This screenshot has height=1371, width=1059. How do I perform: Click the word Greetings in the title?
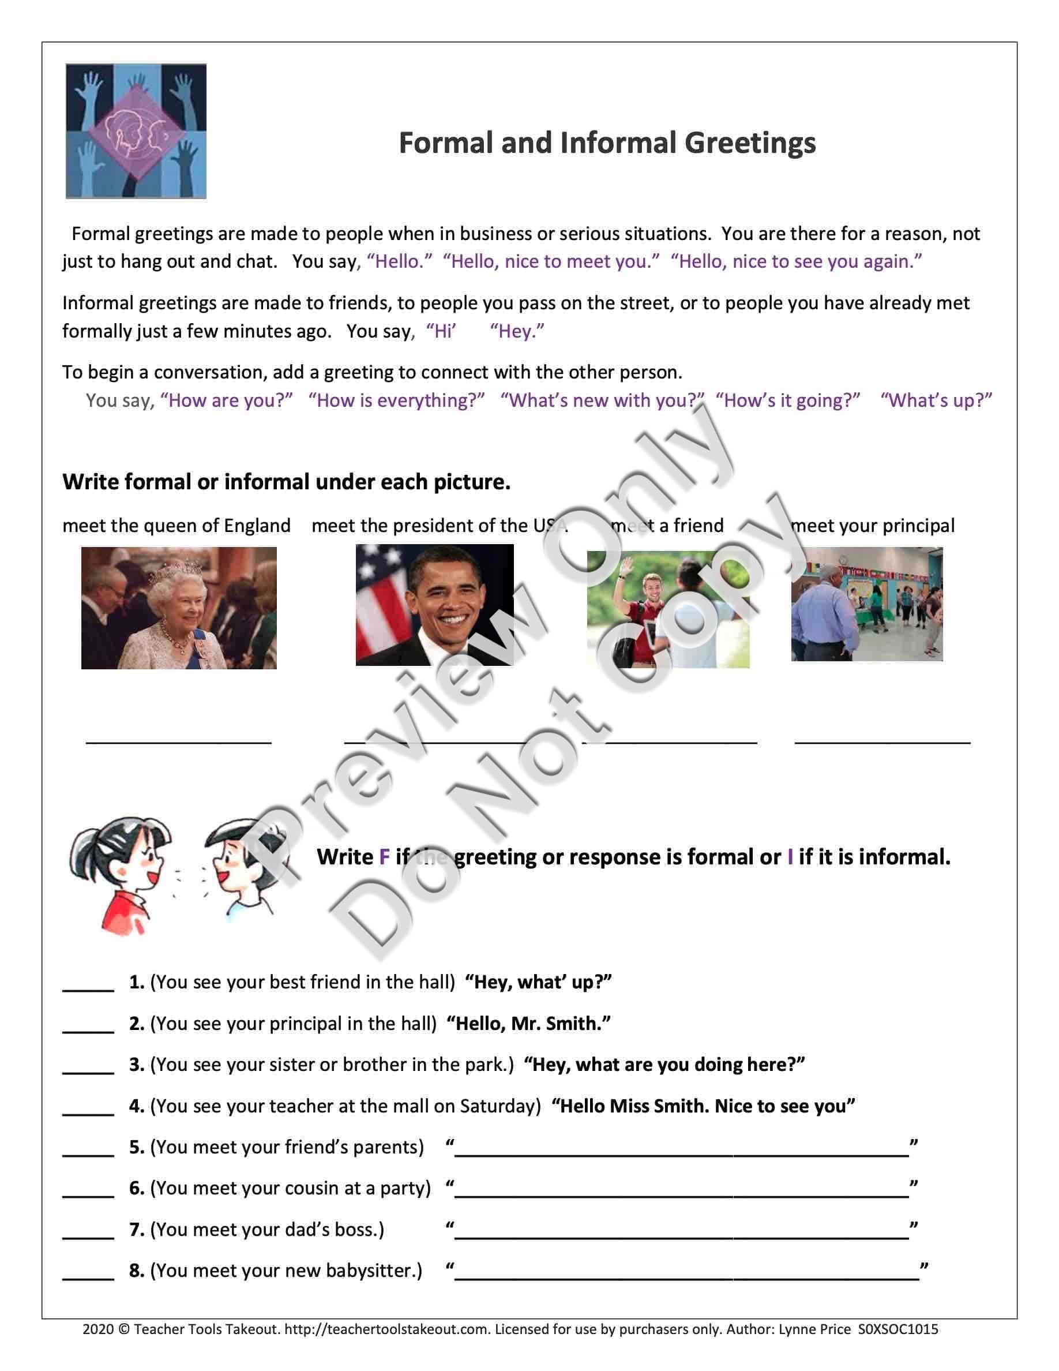[750, 143]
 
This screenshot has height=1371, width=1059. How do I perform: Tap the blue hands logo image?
[136, 131]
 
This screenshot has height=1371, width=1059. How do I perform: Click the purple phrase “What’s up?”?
[936, 400]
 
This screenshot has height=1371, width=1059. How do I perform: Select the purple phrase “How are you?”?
[227, 400]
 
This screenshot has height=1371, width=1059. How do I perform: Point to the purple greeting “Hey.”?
[517, 331]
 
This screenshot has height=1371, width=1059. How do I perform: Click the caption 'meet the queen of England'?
[176, 526]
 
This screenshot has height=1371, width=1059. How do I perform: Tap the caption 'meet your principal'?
[873, 526]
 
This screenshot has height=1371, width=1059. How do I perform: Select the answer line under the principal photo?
[882, 742]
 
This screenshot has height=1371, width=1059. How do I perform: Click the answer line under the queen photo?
[179, 742]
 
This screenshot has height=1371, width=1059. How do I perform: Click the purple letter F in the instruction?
[384, 857]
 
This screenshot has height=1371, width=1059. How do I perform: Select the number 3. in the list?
[137, 1065]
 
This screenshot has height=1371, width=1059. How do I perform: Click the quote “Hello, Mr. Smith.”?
[528, 1023]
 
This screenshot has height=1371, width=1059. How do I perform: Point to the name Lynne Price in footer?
[814, 1329]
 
